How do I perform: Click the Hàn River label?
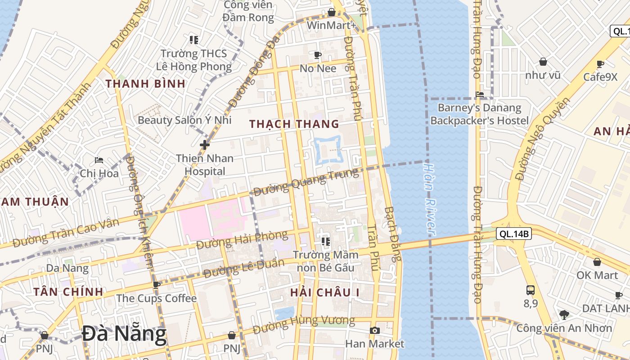pos(430,198)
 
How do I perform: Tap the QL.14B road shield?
pos(514,234)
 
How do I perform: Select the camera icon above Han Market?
pos(374,331)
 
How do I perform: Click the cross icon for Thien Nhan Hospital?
pos(205,145)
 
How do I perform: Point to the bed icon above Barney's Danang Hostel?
pos(480,94)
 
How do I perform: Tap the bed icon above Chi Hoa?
pos(99,160)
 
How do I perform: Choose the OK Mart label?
pos(597,274)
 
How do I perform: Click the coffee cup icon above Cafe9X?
pos(600,64)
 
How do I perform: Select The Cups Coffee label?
pos(156,298)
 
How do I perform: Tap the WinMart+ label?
pos(331,25)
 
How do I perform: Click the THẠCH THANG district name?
pos(294,124)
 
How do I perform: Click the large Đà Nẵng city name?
pos(124,334)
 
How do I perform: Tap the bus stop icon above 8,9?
pos(531,290)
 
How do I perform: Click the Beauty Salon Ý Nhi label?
pos(184,120)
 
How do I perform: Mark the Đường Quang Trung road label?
pos(306,181)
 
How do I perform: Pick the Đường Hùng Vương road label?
pos(304,324)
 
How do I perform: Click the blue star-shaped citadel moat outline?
pos(328,149)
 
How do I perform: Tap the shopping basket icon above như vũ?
pos(543,62)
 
